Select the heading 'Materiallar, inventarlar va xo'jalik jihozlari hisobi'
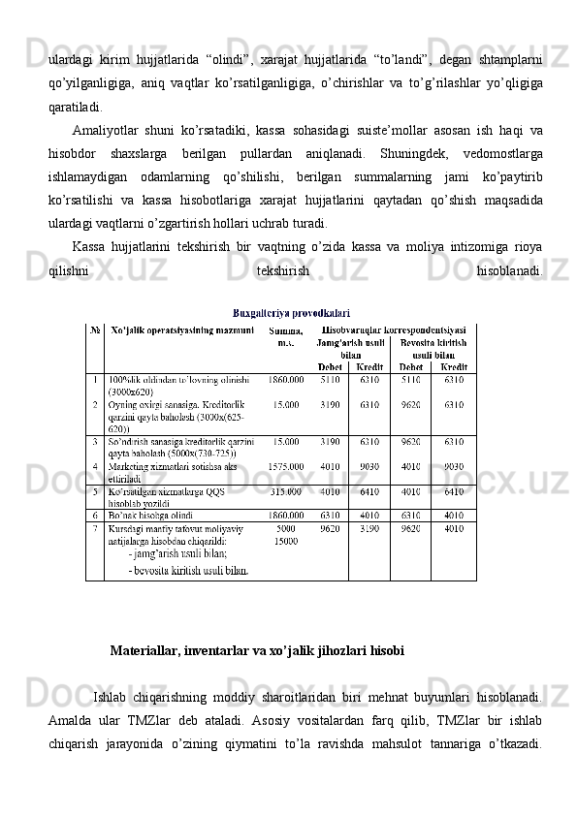[x=257, y=649]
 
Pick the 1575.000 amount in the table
[x=286, y=465]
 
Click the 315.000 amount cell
[x=287, y=490]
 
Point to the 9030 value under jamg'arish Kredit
[x=369, y=465]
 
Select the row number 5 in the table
[x=95, y=490]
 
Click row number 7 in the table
[x=95, y=529]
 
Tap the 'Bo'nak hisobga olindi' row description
[x=154, y=515]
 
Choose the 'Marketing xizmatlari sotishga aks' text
[x=173, y=465]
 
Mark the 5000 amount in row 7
[x=286, y=529]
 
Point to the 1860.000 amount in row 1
[x=286, y=379]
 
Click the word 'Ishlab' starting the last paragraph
[x=109, y=695]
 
